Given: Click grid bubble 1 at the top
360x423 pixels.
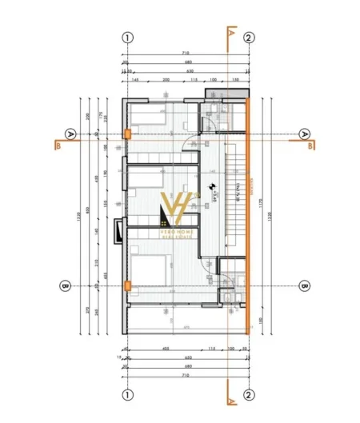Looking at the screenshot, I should point(126,37).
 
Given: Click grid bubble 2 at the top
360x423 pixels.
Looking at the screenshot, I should point(249,37).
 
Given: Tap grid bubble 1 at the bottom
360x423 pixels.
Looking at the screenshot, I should point(126,394).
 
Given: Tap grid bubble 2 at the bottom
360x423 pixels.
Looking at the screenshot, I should point(249,394).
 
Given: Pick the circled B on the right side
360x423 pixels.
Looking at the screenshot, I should point(304,285).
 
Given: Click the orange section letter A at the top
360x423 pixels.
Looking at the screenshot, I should point(230,34).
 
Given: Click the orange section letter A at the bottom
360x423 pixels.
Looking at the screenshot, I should point(230,397).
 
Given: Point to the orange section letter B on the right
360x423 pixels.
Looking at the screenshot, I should point(310,146).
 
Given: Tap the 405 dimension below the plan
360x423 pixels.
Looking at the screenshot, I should point(165,349).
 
